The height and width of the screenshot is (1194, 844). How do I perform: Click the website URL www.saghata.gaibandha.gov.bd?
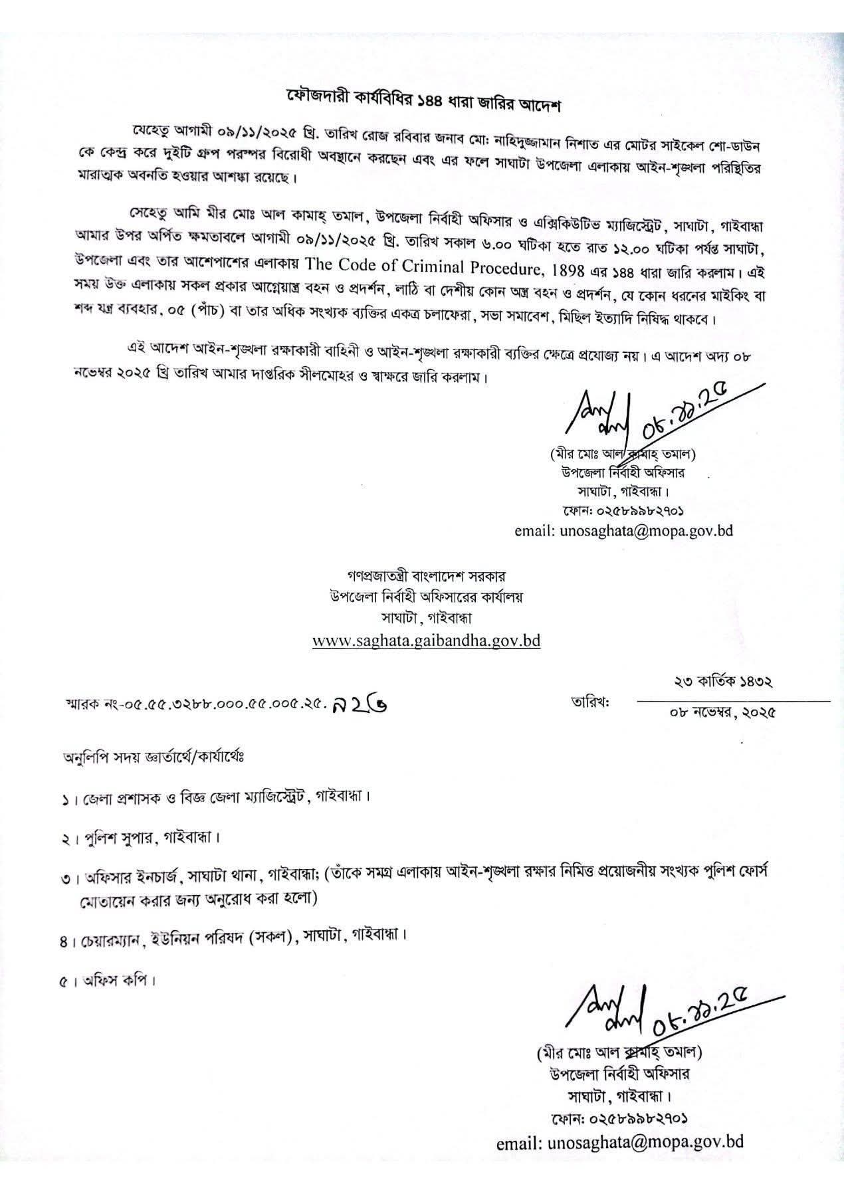(x=426, y=641)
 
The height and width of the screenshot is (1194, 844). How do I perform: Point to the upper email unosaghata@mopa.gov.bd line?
(x=624, y=532)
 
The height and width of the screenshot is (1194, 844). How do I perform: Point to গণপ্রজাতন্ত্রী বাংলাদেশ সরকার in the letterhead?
(x=425, y=575)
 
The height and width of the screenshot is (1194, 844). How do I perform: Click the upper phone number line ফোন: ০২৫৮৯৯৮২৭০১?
(x=623, y=511)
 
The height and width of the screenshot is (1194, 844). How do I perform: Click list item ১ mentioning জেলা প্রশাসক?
(x=213, y=795)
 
